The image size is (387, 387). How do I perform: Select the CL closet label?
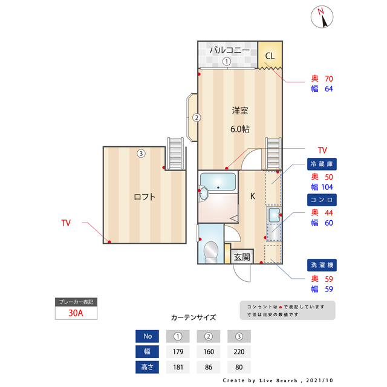click(x=270, y=56)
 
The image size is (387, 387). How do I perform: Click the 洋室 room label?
click(x=240, y=111)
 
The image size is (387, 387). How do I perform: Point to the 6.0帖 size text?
click(x=240, y=129)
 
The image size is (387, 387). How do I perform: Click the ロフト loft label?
click(x=145, y=197)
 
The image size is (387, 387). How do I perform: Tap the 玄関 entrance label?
click(x=242, y=256)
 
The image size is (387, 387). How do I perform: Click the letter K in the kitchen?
click(x=253, y=196)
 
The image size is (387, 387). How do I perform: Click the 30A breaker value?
click(x=76, y=313)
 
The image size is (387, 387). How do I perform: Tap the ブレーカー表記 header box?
click(x=76, y=301)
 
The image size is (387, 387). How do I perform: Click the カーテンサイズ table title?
click(x=193, y=317)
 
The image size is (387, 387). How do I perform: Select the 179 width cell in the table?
click(x=178, y=351)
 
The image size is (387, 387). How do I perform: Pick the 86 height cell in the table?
click(x=209, y=366)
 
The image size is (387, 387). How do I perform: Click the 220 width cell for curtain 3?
click(x=239, y=351)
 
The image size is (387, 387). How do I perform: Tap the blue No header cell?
click(x=147, y=336)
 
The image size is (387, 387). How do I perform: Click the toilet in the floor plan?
click(x=211, y=250)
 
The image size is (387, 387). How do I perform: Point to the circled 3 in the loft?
click(x=141, y=154)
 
